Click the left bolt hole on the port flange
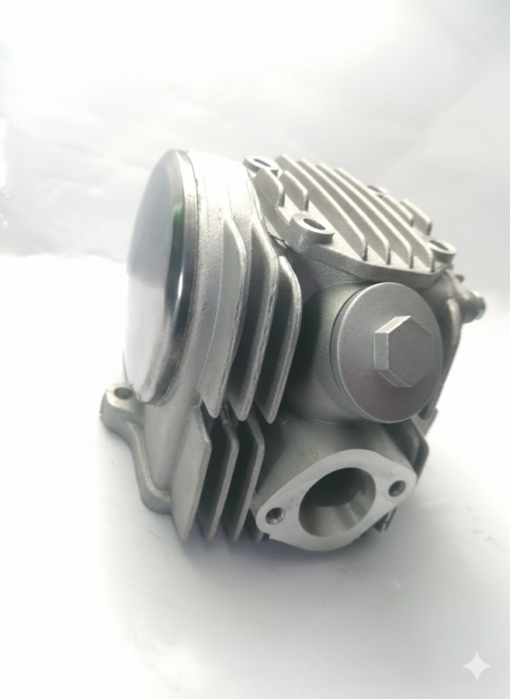click(x=273, y=516)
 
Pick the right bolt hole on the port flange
click(x=396, y=487)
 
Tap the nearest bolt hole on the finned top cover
click(x=317, y=227)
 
